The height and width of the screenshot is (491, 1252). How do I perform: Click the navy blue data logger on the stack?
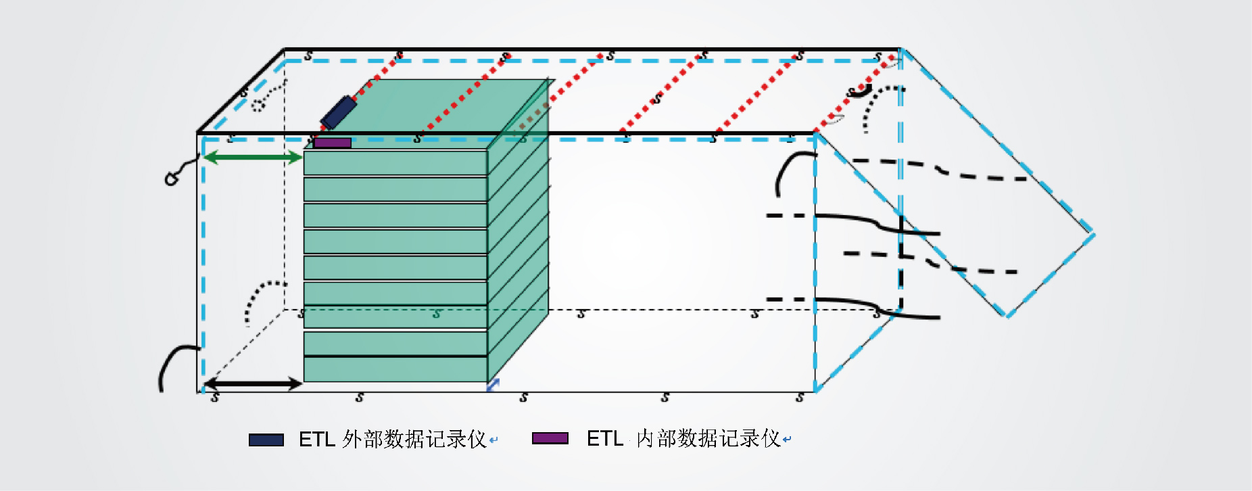[x=339, y=112]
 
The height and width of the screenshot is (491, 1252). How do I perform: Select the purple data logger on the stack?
[x=333, y=143]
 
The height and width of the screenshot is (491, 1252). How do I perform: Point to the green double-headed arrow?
[x=252, y=158]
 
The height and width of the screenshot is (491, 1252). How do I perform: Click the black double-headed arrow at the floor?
[x=252, y=383]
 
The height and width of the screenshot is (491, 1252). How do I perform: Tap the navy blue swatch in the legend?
[x=266, y=440]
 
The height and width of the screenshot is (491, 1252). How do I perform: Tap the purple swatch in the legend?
[x=550, y=438]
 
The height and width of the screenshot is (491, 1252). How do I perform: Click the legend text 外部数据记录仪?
[x=414, y=440]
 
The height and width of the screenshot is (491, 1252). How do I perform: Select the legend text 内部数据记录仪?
[x=708, y=438]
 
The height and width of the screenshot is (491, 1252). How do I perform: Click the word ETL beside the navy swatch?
[x=317, y=440]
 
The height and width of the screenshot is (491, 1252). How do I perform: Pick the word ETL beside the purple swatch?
[x=605, y=438]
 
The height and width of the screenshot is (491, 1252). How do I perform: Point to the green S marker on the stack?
[x=437, y=314]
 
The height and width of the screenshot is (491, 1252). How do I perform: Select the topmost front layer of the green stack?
[x=395, y=163]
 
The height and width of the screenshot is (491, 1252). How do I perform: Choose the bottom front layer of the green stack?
[x=395, y=369]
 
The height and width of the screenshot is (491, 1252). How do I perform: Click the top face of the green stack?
[x=433, y=112]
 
